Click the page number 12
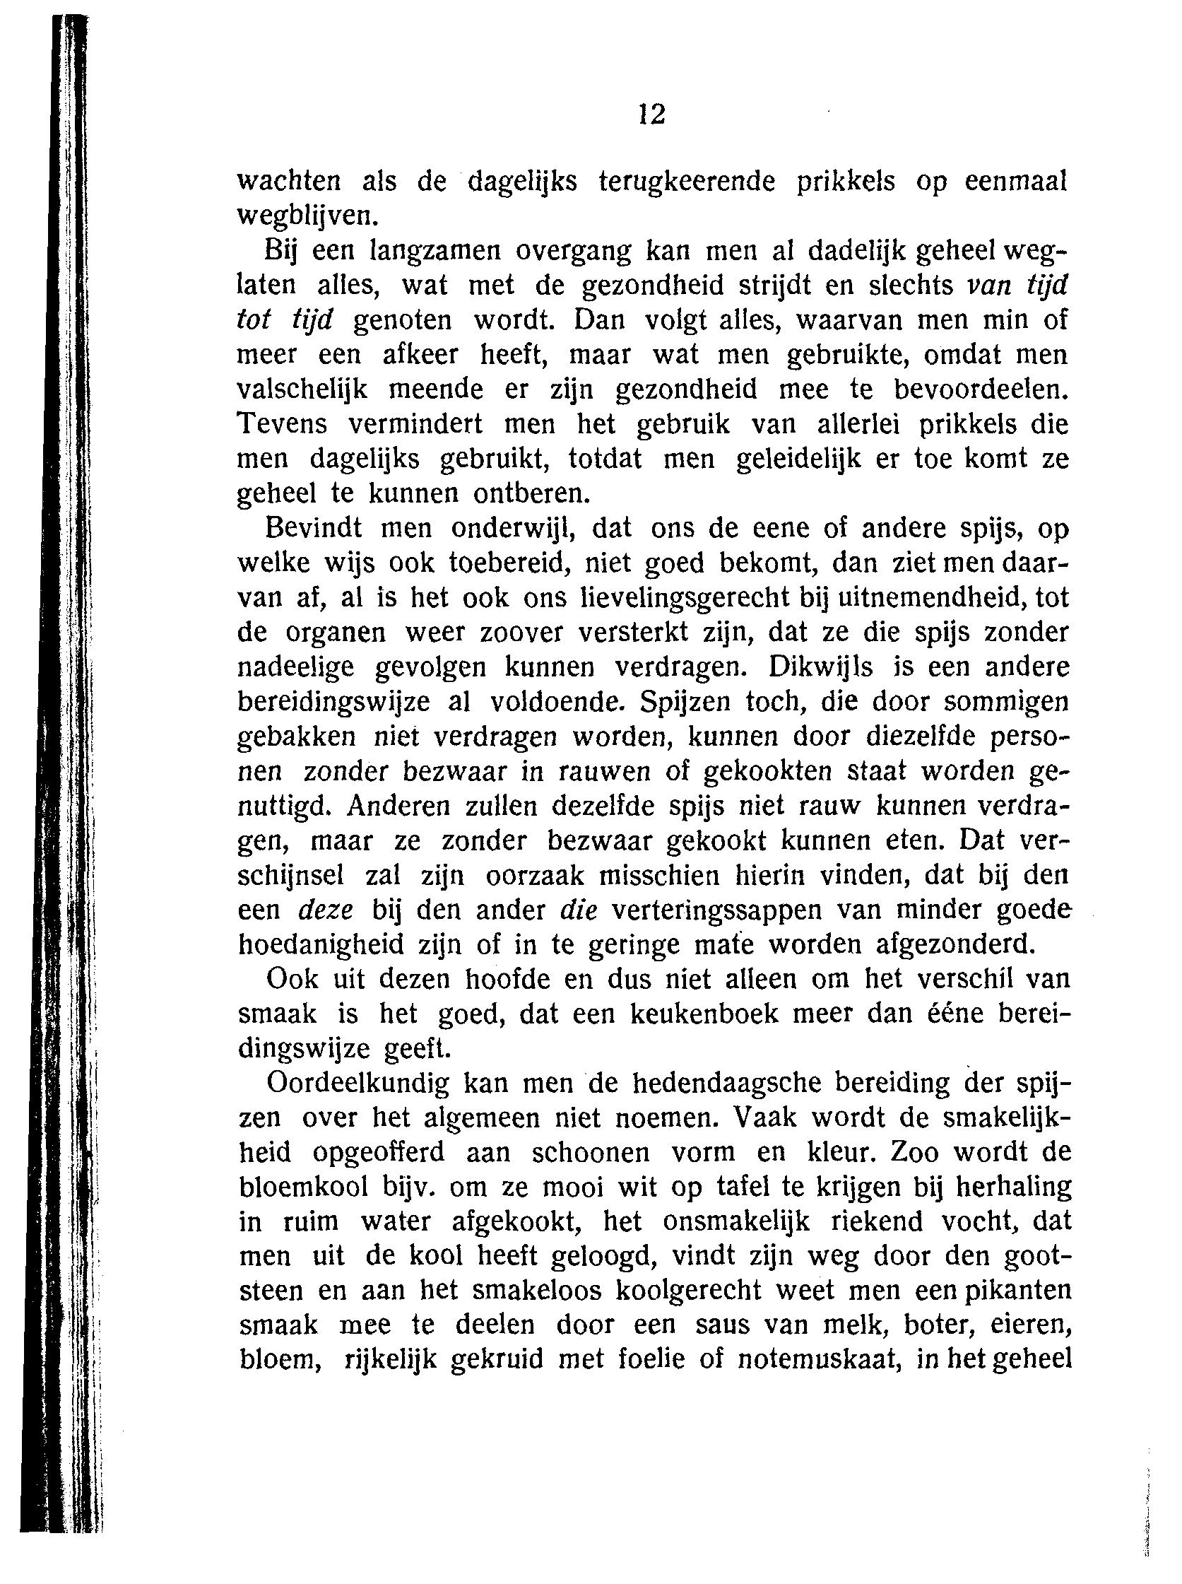click(652, 115)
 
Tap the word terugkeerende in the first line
click(686, 182)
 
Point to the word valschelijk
click(302, 389)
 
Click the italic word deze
click(326, 910)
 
